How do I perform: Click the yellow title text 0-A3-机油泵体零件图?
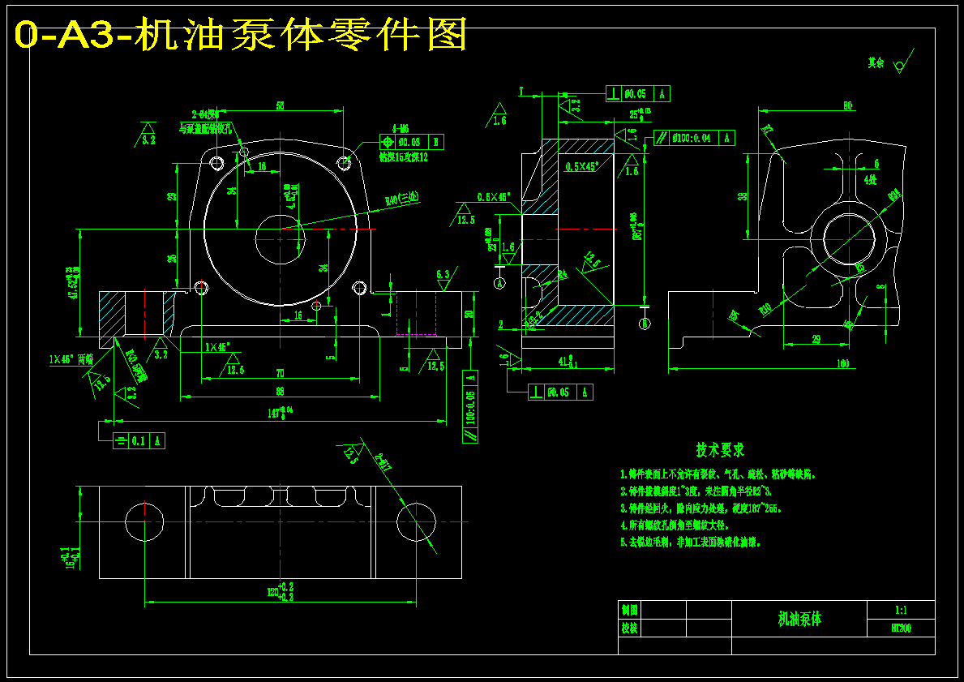242,35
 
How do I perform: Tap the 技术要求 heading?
719,449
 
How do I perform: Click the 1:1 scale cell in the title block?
900,610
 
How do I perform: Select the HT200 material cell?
900,628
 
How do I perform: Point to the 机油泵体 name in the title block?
799,619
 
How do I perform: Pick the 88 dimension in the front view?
280,391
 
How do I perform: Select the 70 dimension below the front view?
279,373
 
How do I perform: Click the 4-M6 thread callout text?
401,128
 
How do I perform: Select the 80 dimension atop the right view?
847,105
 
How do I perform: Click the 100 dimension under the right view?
842,364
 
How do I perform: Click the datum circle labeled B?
645,324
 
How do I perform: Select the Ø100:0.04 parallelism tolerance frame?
691,138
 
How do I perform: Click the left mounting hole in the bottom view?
144,521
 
